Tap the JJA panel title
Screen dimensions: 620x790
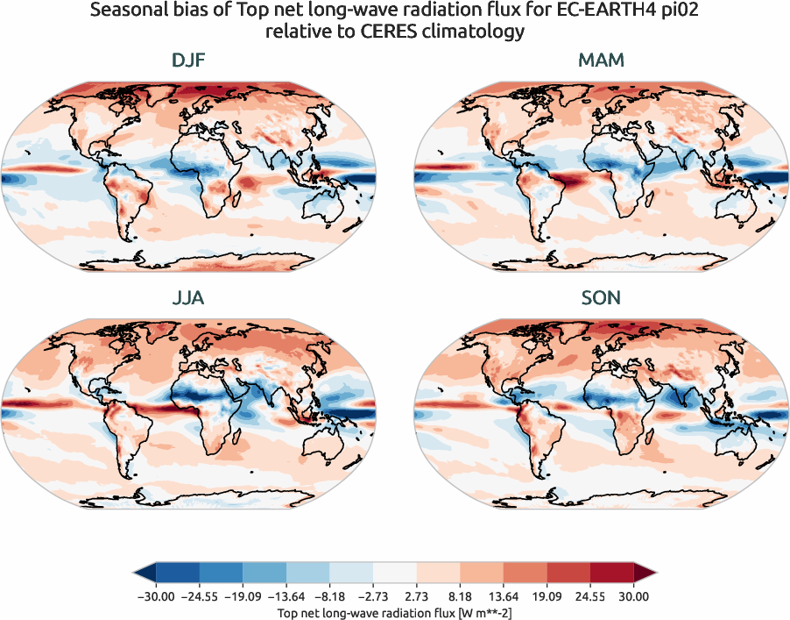pyautogui.click(x=189, y=298)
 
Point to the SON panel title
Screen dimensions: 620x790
pyautogui.click(x=601, y=298)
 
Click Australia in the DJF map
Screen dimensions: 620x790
pyautogui.click(x=328, y=210)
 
